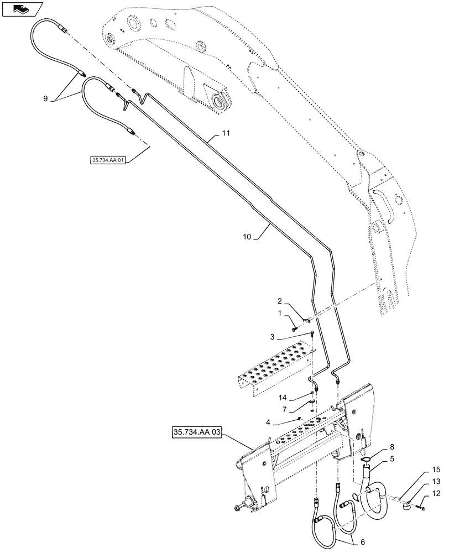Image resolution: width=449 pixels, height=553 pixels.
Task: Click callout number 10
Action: tap(246, 236)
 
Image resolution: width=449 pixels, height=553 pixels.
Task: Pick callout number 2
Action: tap(280, 302)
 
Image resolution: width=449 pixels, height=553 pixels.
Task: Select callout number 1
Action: tap(280, 313)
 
